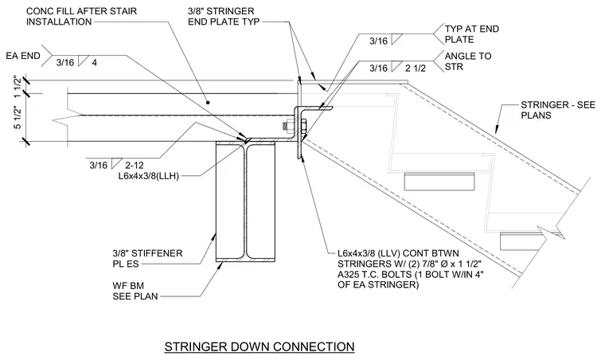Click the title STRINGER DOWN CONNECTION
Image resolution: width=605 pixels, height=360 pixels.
click(260, 346)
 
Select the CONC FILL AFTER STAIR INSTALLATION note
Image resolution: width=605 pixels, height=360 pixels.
click(81, 16)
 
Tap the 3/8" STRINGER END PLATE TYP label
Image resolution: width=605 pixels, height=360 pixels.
click(224, 16)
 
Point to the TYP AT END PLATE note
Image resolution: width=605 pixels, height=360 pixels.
click(471, 34)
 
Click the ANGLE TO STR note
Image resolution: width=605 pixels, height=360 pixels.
click(467, 61)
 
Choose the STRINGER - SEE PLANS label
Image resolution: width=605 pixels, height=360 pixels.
click(558, 110)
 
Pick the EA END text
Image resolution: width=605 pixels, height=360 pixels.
click(23, 56)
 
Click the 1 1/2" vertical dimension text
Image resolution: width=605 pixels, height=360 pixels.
click(18, 87)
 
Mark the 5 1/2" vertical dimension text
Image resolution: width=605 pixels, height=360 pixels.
click(18, 118)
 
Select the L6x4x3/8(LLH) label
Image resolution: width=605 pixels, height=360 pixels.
click(149, 176)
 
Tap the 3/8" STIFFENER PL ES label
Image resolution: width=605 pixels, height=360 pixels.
click(147, 259)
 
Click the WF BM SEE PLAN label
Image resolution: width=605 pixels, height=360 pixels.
click(135, 291)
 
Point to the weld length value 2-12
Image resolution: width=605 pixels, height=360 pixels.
click(135, 166)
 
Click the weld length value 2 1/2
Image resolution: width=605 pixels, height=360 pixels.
click(416, 68)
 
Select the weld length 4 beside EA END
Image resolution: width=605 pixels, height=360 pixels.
click(95, 62)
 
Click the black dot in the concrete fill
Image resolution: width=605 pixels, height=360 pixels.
click(208, 103)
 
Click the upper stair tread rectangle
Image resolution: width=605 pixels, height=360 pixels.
click(439, 182)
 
